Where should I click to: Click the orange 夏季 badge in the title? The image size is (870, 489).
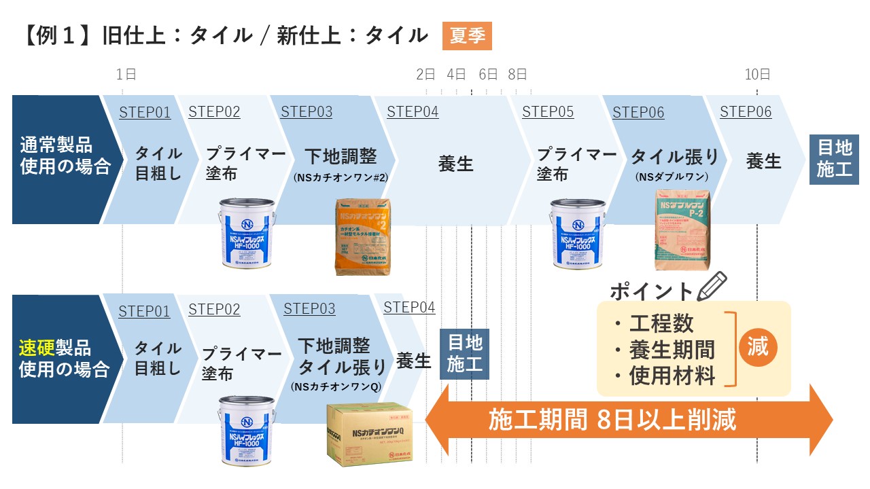(x=467, y=36)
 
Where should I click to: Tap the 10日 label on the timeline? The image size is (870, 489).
(x=757, y=75)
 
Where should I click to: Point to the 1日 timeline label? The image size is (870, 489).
(x=126, y=75)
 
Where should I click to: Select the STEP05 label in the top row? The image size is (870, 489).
(x=548, y=112)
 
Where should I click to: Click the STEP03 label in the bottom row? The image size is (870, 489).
(x=309, y=309)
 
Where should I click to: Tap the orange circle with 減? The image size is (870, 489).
(x=758, y=347)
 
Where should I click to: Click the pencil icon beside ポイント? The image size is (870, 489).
(x=712, y=286)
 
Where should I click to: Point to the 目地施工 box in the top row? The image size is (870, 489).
(x=834, y=158)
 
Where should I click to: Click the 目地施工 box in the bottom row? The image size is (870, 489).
(x=465, y=353)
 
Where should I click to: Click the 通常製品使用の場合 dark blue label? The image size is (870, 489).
(x=65, y=156)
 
